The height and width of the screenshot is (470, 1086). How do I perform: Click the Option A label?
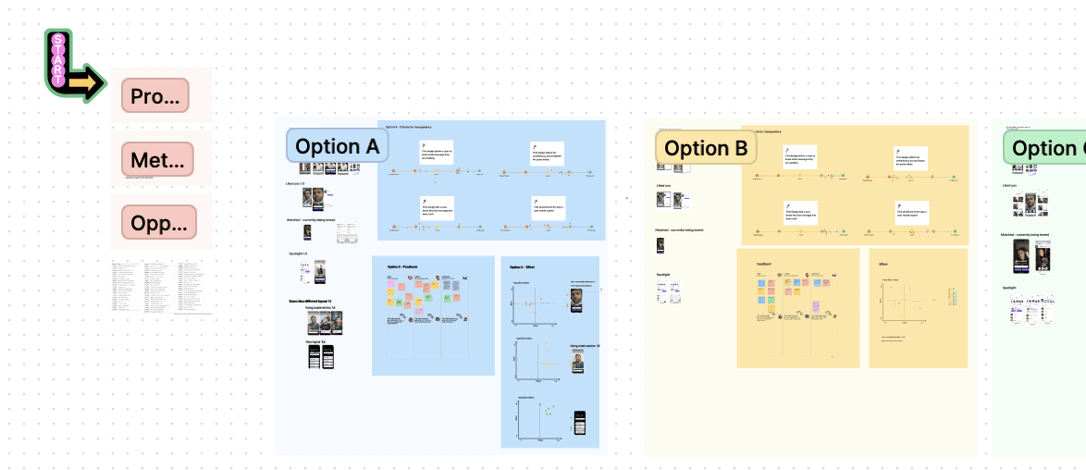click(x=337, y=146)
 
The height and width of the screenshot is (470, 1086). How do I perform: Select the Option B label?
click(x=705, y=148)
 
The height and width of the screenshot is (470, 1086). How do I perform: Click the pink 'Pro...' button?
click(x=154, y=95)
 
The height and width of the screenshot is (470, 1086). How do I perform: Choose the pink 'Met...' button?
click(x=154, y=158)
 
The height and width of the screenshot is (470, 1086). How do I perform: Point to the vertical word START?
click(x=58, y=57)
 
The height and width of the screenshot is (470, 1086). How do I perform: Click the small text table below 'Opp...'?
click(x=159, y=286)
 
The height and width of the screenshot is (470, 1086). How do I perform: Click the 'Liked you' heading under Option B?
click(x=662, y=186)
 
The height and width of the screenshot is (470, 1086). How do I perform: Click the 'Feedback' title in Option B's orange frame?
click(x=764, y=264)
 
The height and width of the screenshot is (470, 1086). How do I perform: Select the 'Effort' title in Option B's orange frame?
click(x=885, y=264)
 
